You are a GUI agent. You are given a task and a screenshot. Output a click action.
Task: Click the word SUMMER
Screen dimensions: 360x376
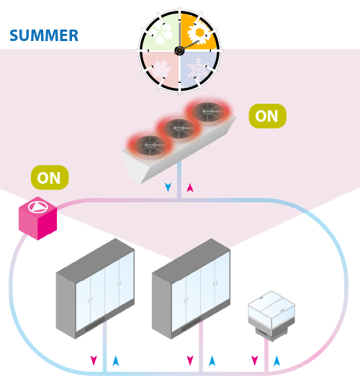tap(44, 35)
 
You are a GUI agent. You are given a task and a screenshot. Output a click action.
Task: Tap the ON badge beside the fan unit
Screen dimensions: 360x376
tap(267, 116)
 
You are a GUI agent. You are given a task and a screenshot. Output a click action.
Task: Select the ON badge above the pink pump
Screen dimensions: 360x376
tap(50, 177)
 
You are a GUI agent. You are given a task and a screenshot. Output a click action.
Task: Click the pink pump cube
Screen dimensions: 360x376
tap(37, 218)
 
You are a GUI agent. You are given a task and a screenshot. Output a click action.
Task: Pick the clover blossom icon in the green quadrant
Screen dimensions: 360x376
tap(163, 34)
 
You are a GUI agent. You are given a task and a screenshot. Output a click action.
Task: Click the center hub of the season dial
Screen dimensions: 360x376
tap(179, 50)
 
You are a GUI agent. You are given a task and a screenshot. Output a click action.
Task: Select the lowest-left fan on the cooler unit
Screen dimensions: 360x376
tap(150, 145)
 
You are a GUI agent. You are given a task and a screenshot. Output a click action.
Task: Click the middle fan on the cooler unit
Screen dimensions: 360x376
tap(179, 128)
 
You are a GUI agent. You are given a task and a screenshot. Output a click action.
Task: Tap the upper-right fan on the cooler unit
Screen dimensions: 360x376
tap(207, 112)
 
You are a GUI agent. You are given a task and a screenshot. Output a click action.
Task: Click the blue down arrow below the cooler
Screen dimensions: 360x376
tap(168, 187)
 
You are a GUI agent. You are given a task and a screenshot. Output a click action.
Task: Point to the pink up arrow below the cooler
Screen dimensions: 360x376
tap(190, 187)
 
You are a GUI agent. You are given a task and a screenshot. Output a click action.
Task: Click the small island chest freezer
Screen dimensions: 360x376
tap(271, 315)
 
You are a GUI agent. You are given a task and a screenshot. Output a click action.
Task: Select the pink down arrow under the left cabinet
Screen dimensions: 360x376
tap(94, 360)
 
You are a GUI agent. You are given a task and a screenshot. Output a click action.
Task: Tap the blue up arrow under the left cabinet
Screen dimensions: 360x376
tap(116, 361)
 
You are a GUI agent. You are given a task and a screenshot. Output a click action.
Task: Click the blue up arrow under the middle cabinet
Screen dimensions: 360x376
tap(212, 361)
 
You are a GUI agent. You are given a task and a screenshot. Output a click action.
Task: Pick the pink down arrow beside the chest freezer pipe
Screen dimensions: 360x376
tap(255, 360)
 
